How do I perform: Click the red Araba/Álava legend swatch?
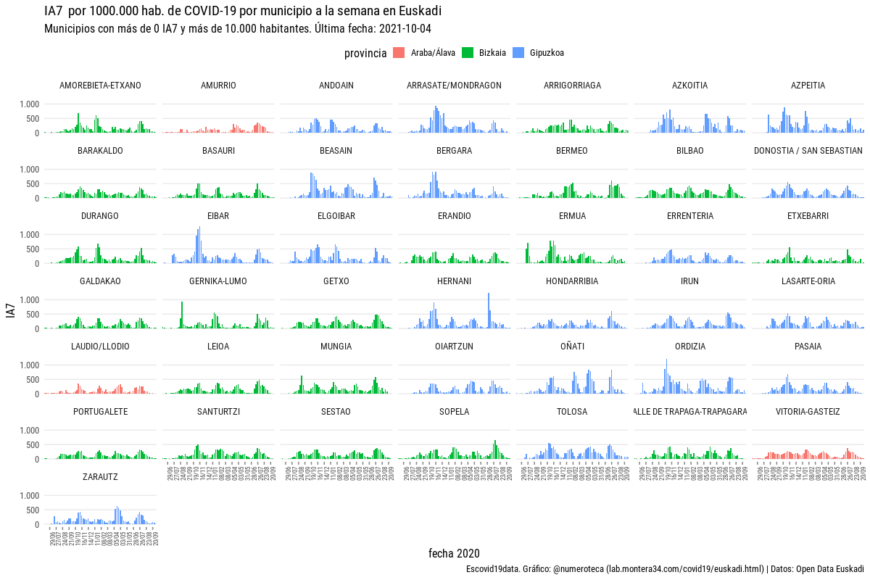point(399,52)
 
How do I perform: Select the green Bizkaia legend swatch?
point(468,52)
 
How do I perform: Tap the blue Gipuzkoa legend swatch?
point(518,52)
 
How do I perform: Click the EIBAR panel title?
point(218,216)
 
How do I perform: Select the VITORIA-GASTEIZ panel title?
point(808,412)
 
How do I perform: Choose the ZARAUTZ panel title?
point(100,477)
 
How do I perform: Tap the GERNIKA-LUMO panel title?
point(218,281)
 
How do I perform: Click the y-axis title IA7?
point(10,312)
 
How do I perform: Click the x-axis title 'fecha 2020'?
point(454,554)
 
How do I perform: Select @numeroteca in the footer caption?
point(579,569)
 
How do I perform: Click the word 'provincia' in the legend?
point(365,53)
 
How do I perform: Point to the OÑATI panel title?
point(572,347)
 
